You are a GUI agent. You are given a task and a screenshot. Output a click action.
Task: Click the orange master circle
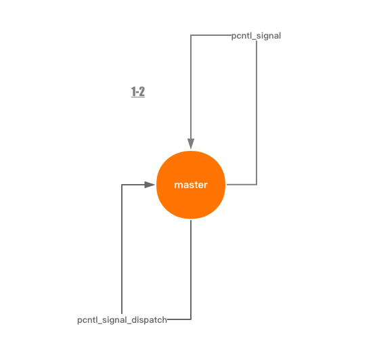point(191,185)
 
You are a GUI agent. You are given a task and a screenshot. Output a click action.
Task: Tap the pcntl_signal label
point(256,36)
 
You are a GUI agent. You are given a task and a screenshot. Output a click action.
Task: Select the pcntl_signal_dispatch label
point(122,320)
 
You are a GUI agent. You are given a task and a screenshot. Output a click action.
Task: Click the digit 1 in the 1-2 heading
point(133,91)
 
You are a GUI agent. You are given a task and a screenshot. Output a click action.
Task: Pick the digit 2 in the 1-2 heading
point(141,91)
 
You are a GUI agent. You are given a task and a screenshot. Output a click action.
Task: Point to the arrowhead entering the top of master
point(191,143)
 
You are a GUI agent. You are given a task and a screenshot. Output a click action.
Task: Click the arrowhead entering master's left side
point(150,185)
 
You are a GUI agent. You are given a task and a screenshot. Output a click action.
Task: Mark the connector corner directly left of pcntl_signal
point(191,35)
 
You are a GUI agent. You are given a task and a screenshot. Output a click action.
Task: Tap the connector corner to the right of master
point(257,185)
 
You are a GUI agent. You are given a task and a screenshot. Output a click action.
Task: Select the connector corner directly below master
point(191,319)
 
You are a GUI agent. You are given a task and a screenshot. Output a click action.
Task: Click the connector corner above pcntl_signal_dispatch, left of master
point(122,185)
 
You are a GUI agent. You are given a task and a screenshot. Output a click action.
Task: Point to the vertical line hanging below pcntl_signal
point(257,113)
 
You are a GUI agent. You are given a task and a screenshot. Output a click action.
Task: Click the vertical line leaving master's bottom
point(191,269)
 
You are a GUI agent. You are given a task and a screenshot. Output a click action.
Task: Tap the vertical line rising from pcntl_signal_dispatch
point(122,249)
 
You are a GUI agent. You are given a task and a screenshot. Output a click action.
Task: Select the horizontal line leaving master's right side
point(242,185)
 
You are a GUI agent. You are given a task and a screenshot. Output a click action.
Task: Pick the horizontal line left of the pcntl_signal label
point(211,35)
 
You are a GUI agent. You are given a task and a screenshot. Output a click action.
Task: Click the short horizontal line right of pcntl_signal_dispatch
point(179,319)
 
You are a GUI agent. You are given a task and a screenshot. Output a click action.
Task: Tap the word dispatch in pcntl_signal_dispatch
point(150,320)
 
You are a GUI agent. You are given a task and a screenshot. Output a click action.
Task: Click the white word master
point(191,185)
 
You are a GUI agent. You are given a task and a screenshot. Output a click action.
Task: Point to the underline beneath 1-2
point(138,97)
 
